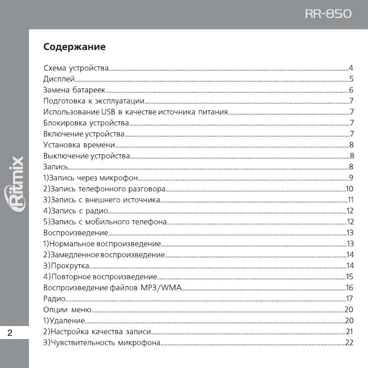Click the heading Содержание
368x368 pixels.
[x=74, y=47]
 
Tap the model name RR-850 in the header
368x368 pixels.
[x=329, y=14]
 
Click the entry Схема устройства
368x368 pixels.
[x=76, y=68]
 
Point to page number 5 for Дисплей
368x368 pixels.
[x=352, y=79]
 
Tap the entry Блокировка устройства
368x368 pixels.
[x=86, y=123]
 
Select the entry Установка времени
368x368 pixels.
[x=79, y=145]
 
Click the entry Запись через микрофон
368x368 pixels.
[x=90, y=178]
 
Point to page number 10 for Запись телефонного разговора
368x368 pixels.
[x=350, y=189]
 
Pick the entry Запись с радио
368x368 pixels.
[x=75, y=211]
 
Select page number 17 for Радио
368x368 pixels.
[x=350, y=299]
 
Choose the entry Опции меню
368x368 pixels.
[x=67, y=310]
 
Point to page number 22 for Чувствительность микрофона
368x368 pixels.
[x=349, y=343]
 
